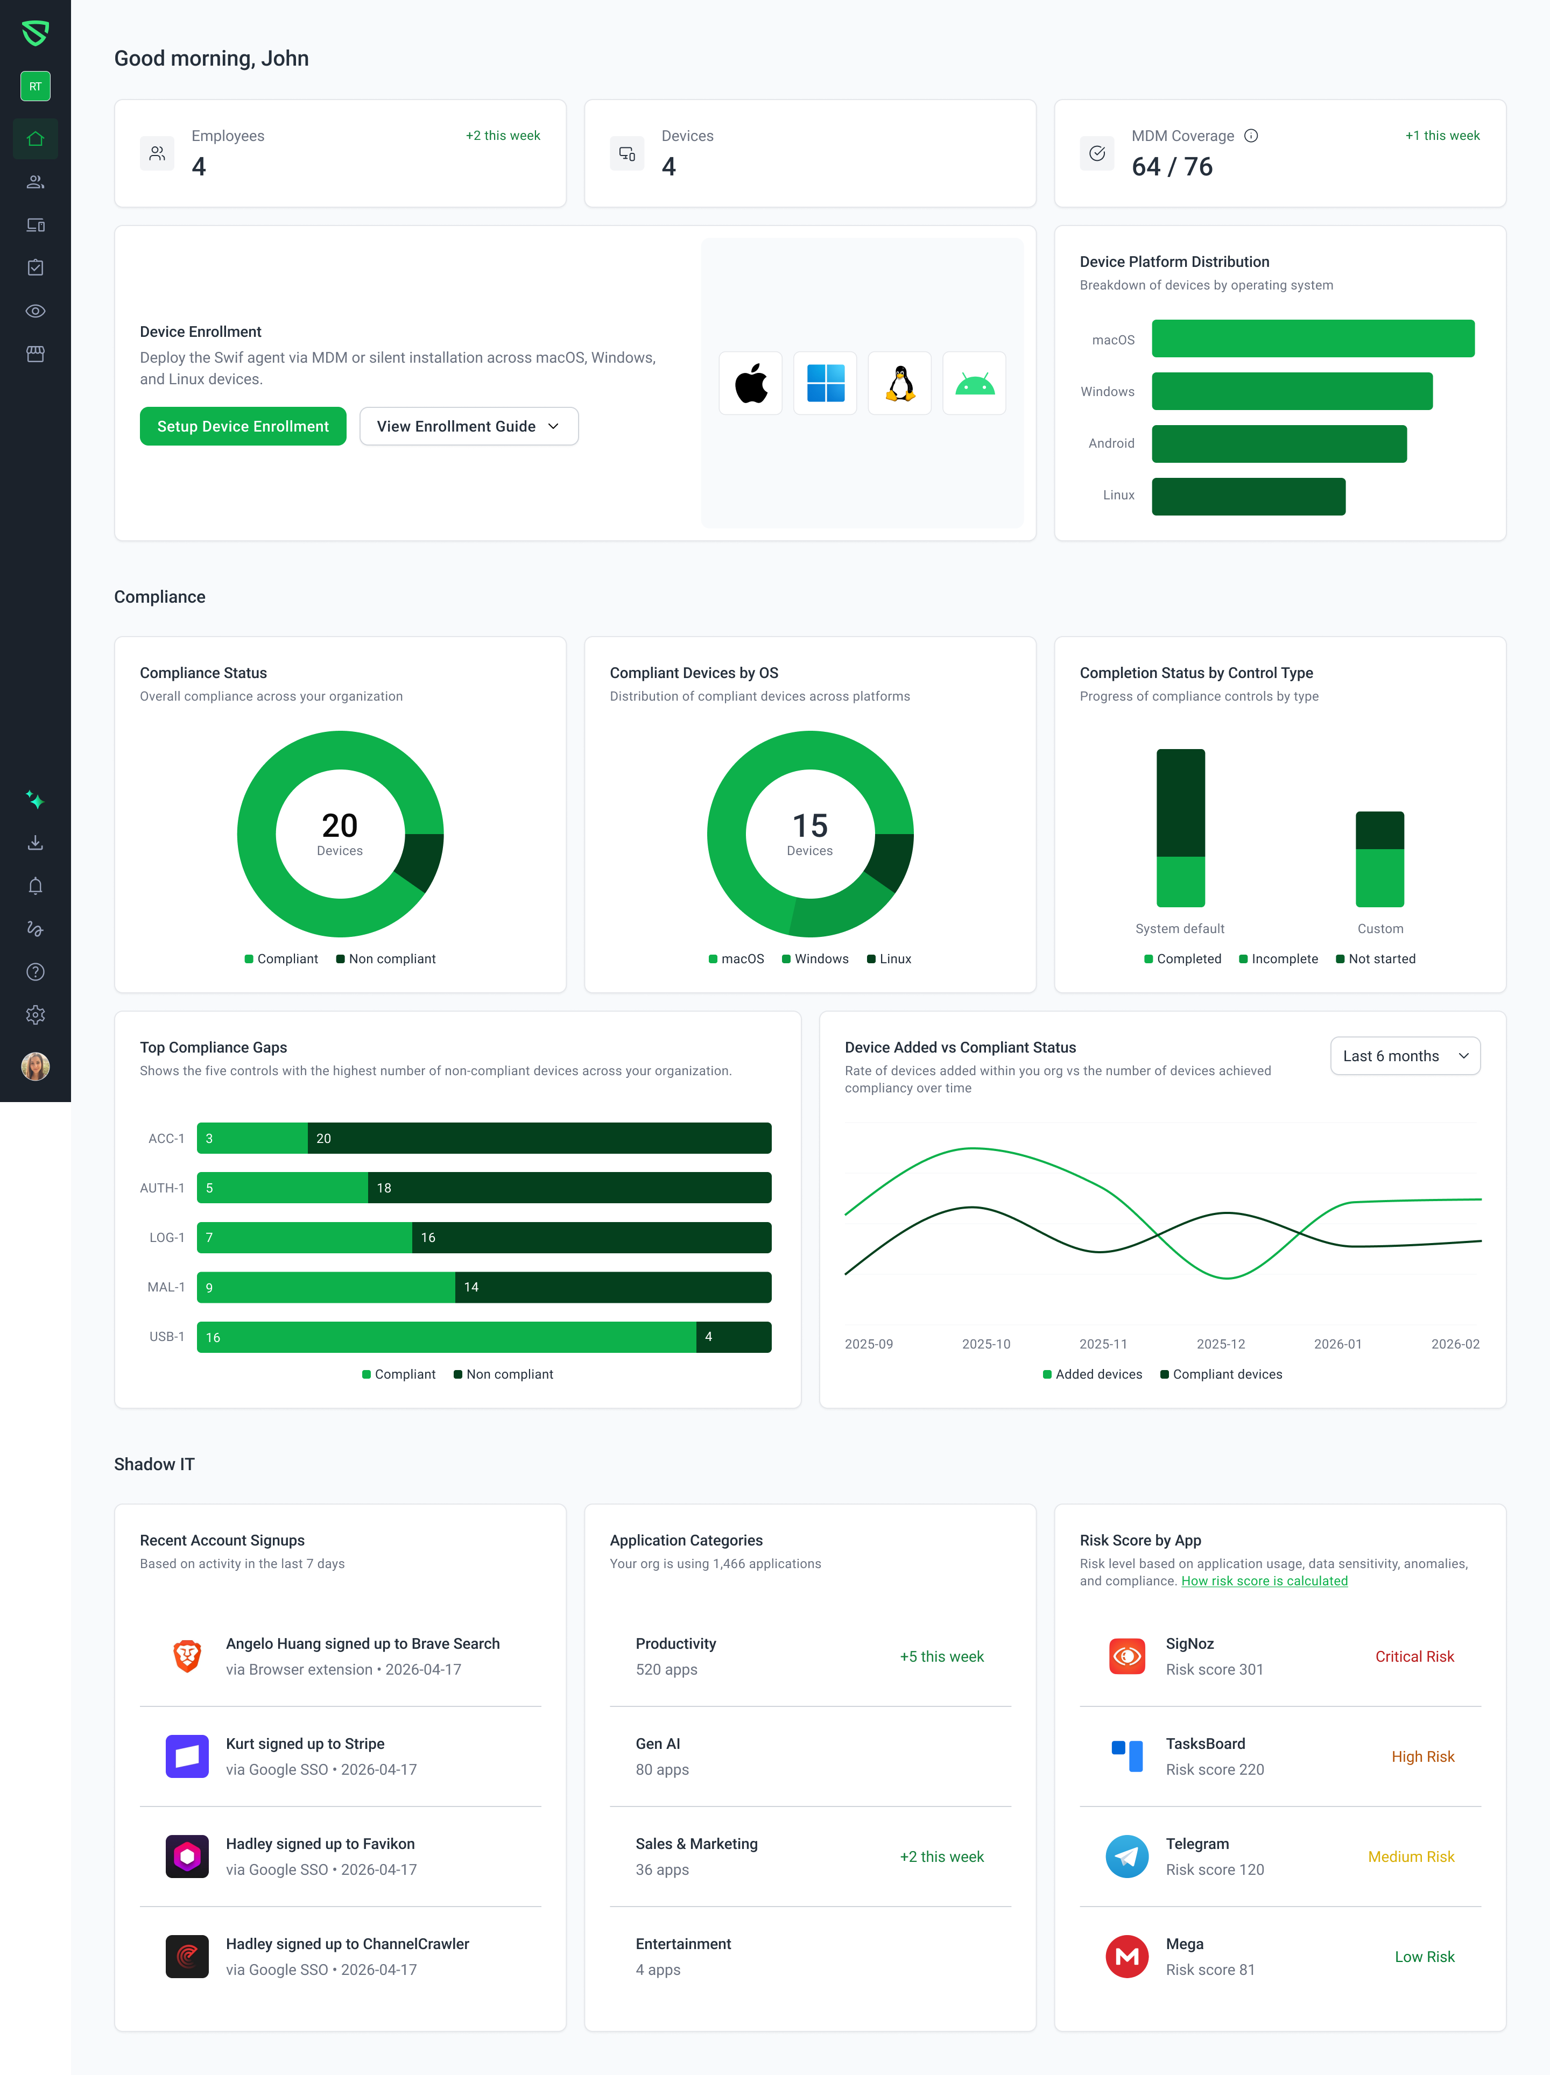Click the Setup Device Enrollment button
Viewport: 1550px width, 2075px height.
pos(243,426)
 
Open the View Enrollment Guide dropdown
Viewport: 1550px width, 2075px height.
pos(468,426)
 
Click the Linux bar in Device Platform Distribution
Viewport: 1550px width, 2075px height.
pos(1248,496)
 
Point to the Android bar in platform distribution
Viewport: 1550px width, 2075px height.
pos(1279,444)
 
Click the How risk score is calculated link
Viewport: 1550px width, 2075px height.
pos(1264,1580)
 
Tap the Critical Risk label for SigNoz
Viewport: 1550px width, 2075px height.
pos(1414,1657)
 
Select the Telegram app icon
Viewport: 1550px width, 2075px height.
pos(1127,1857)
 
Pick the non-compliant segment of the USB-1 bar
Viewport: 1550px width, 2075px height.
pos(734,1337)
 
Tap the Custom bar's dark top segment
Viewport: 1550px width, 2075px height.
pos(1379,830)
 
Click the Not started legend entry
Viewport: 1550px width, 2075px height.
pos(1376,959)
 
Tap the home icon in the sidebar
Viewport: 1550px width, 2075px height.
pos(36,139)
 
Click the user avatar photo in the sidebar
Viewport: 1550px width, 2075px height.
pos(36,1067)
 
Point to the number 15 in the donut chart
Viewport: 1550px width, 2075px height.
pos(810,825)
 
